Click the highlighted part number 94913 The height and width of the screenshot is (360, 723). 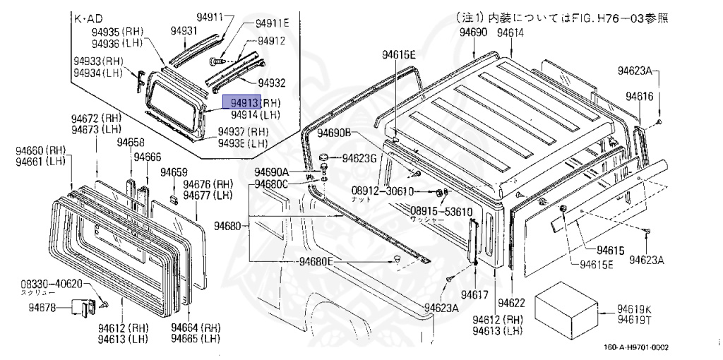(242, 103)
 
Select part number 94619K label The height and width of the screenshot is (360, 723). (634, 308)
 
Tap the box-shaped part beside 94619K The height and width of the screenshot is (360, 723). (568, 309)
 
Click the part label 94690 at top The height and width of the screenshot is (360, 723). (473, 33)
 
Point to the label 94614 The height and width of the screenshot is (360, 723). (510, 33)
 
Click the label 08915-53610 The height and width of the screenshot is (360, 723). (441, 211)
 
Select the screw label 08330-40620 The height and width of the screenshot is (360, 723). (52, 283)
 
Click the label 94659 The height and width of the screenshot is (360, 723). (174, 172)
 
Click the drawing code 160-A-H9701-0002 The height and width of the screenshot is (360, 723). (636, 347)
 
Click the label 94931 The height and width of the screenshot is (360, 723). (184, 31)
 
